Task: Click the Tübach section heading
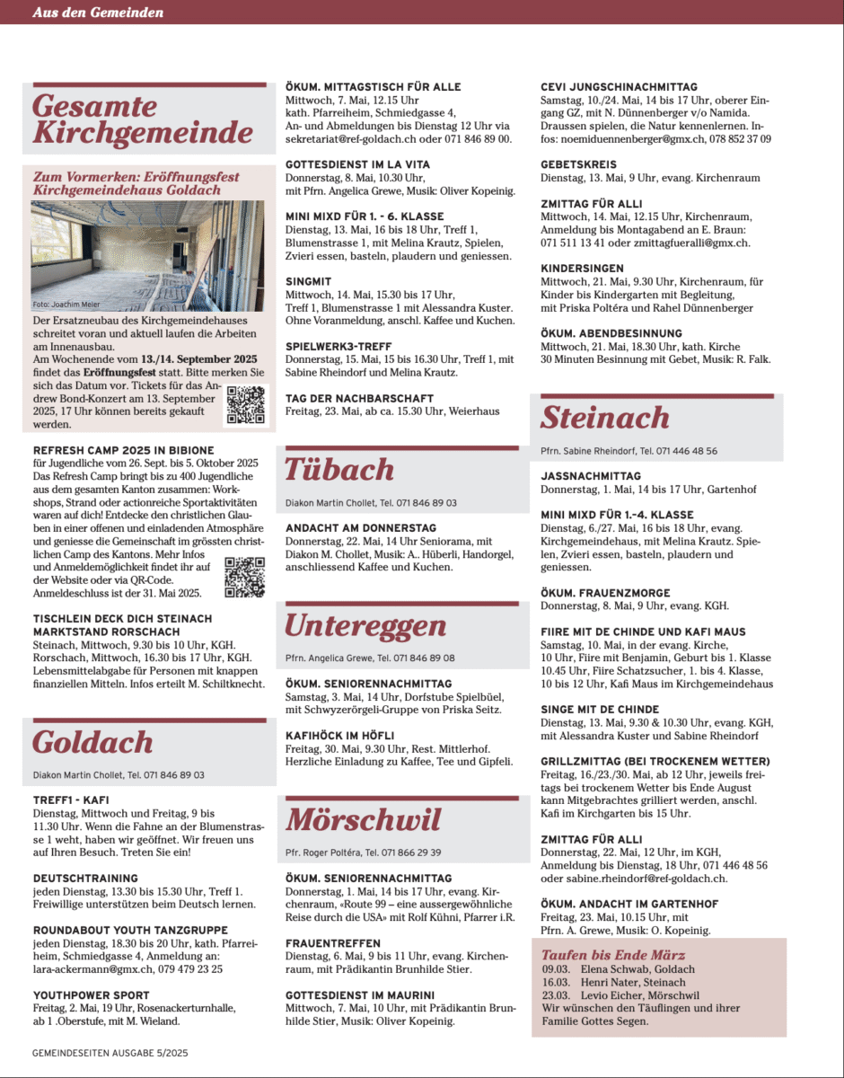point(339,470)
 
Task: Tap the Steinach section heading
point(605,418)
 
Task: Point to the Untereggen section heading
point(365,625)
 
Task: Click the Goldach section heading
point(93,742)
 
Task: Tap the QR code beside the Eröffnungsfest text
point(245,404)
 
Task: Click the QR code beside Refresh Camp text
point(244,578)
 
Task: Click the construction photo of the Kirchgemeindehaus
point(148,256)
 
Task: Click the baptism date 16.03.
point(557,983)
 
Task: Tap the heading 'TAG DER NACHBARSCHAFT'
point(359,398)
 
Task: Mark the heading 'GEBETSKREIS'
point(578,165)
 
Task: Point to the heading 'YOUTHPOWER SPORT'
point(92,995)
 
